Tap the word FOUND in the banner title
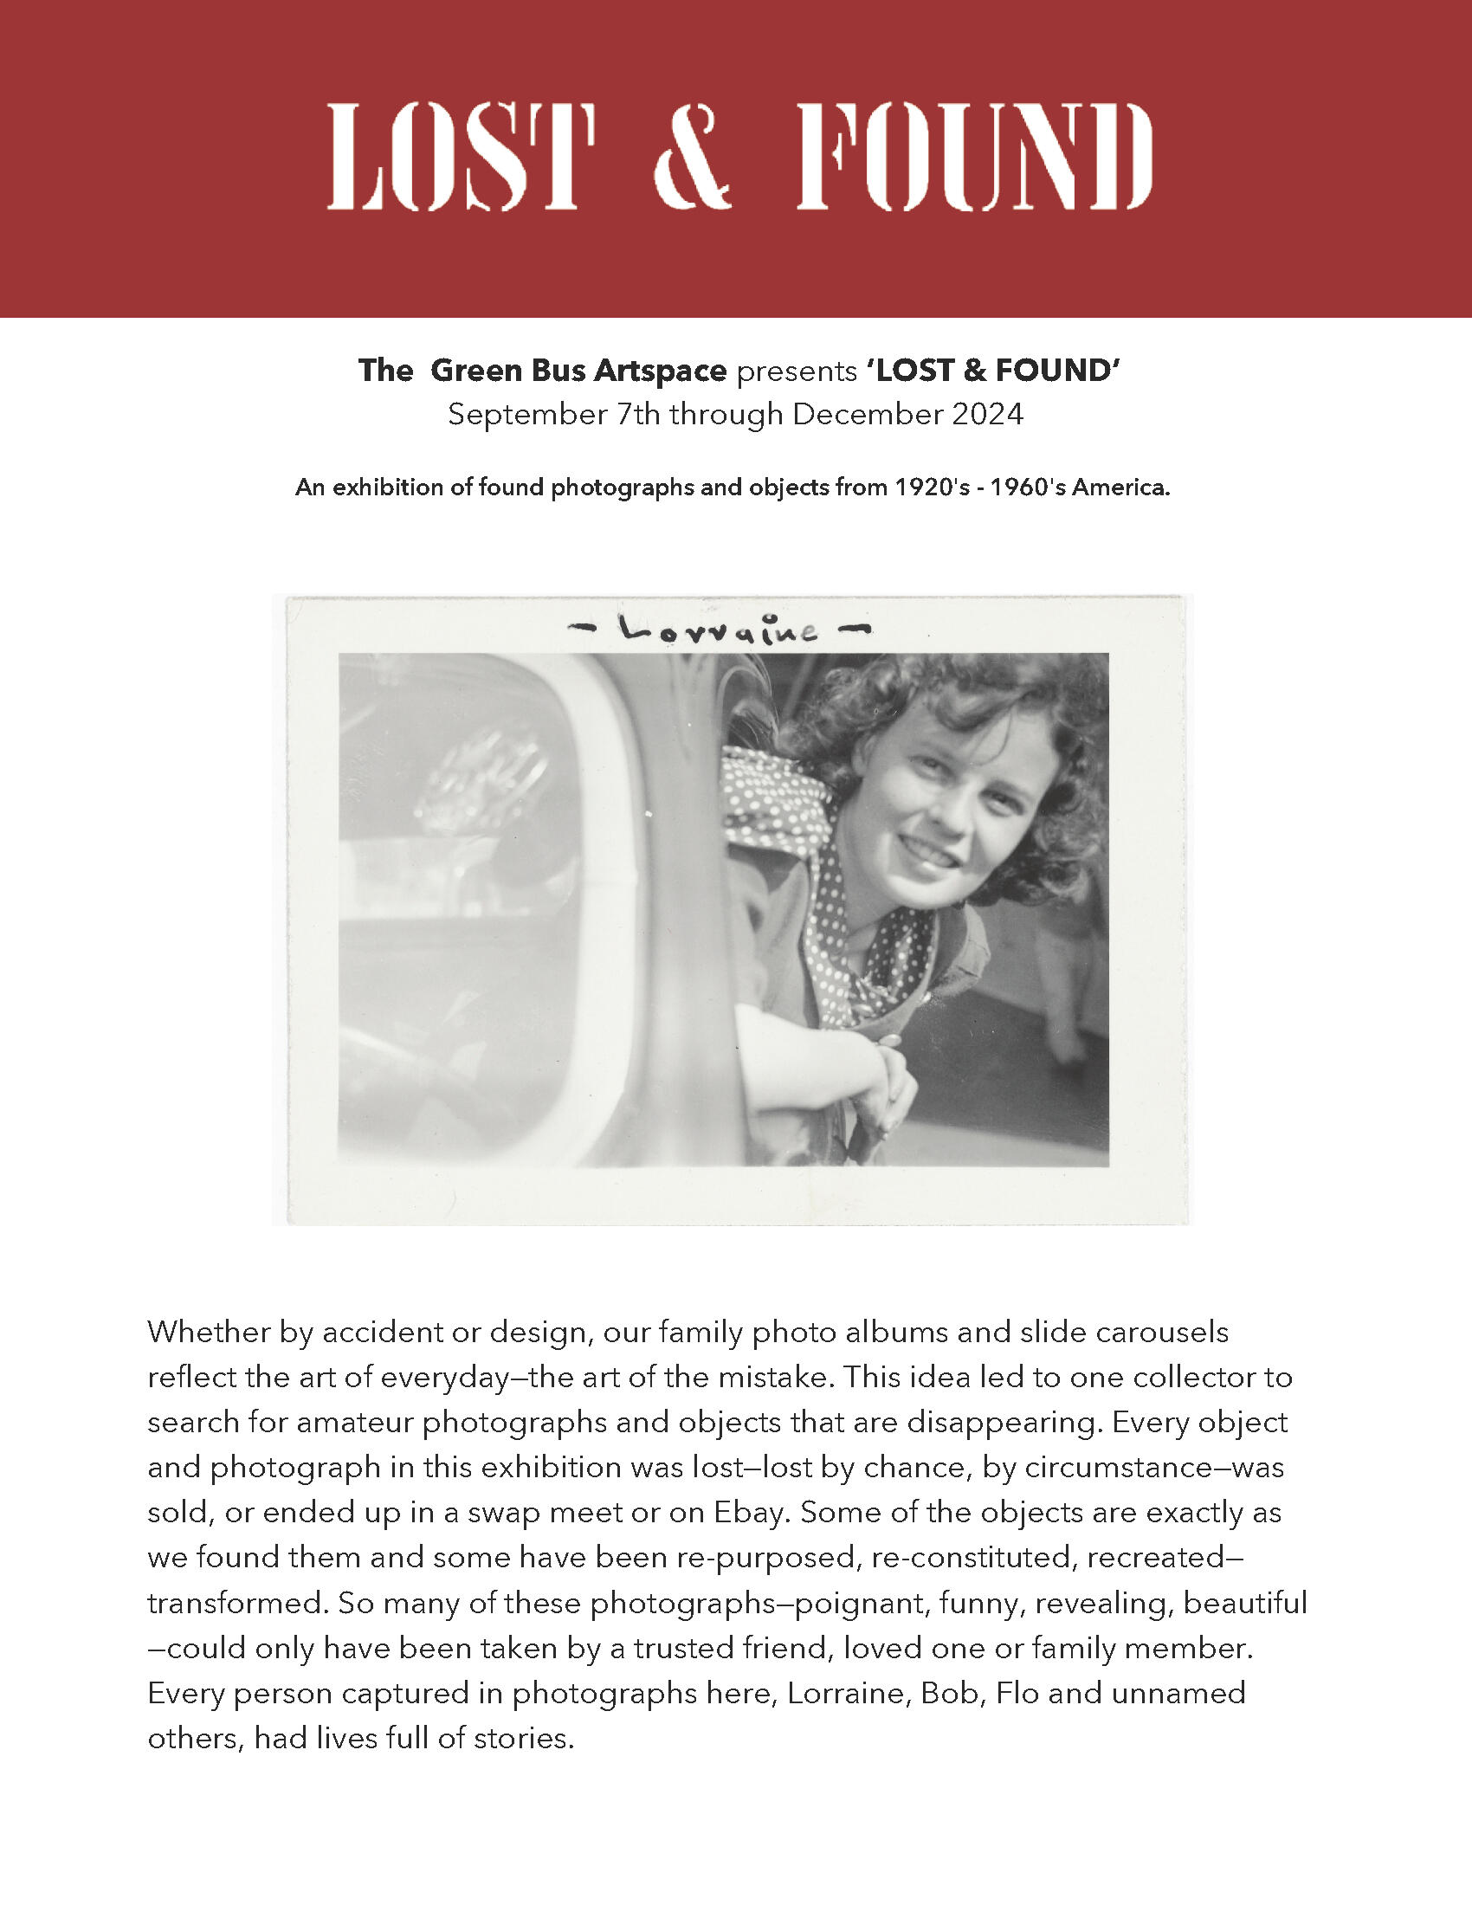click(974, 157)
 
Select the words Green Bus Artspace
click(578, 371)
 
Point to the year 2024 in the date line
click(986, 413)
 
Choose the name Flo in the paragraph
click(1017, 1693)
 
